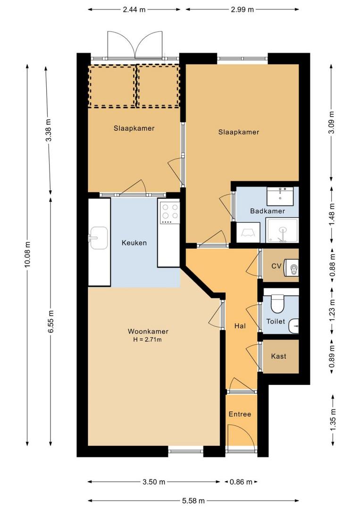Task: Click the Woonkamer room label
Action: pos(148,331)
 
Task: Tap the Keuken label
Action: pos(134,243)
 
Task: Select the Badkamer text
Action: pos(268,211)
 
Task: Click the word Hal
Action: pos(240,325)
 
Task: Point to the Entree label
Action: pos(240,414)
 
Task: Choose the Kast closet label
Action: pos(278,356)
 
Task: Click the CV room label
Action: pos(276,266)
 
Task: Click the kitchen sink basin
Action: pos(99,238)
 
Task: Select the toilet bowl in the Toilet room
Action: pos(277,304)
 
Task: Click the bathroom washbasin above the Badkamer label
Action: pos(280,196)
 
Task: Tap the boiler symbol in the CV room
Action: pos(292,268)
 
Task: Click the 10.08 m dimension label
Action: pos(27,255)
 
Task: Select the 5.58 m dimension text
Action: pos(193,501)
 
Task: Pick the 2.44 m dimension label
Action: pos(134,9)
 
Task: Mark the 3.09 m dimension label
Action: pos(331,123)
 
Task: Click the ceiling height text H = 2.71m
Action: pos(148,340)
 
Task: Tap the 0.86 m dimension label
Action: pos(241,482)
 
